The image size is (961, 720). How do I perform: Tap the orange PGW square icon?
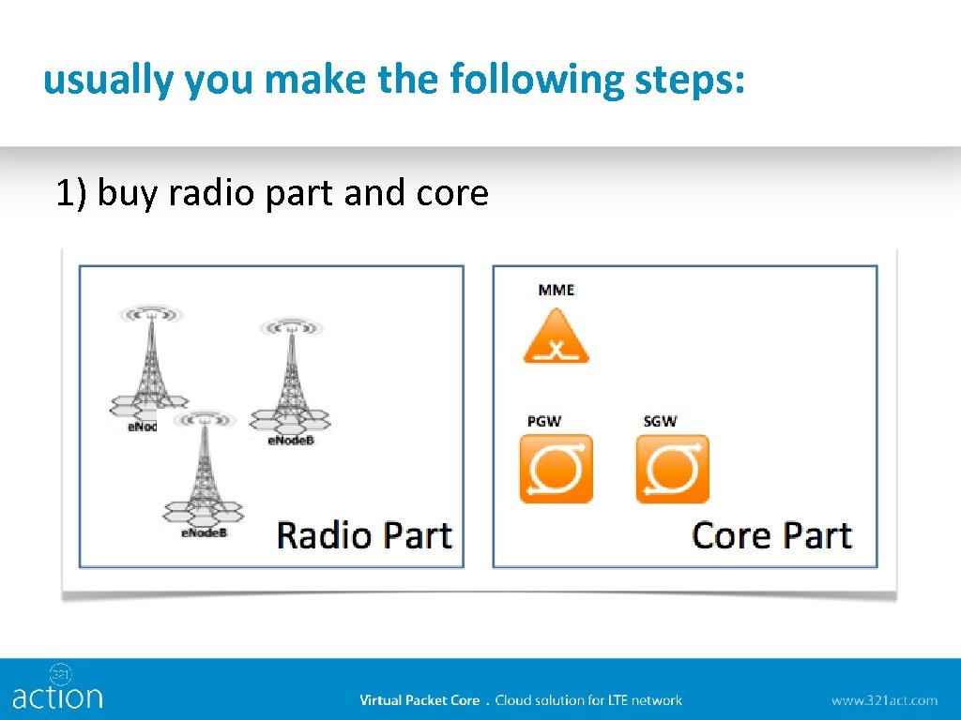coord(556,468)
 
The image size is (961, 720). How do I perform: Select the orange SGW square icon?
coord(672,468)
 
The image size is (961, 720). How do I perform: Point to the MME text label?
coord(556,290)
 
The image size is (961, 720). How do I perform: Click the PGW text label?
coord(543,421)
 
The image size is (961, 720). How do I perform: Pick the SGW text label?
coord(660,421)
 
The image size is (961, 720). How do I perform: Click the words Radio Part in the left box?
coord(364,535)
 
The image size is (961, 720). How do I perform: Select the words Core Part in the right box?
coord(771,535)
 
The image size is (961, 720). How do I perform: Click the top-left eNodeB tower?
coord(151,361)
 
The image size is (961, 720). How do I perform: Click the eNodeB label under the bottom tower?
coord(204,533)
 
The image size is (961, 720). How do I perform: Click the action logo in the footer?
coord(57,688)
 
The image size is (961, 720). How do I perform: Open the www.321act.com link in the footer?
coord(883,700)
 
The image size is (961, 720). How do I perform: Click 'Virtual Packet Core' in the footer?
coord(419,700)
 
